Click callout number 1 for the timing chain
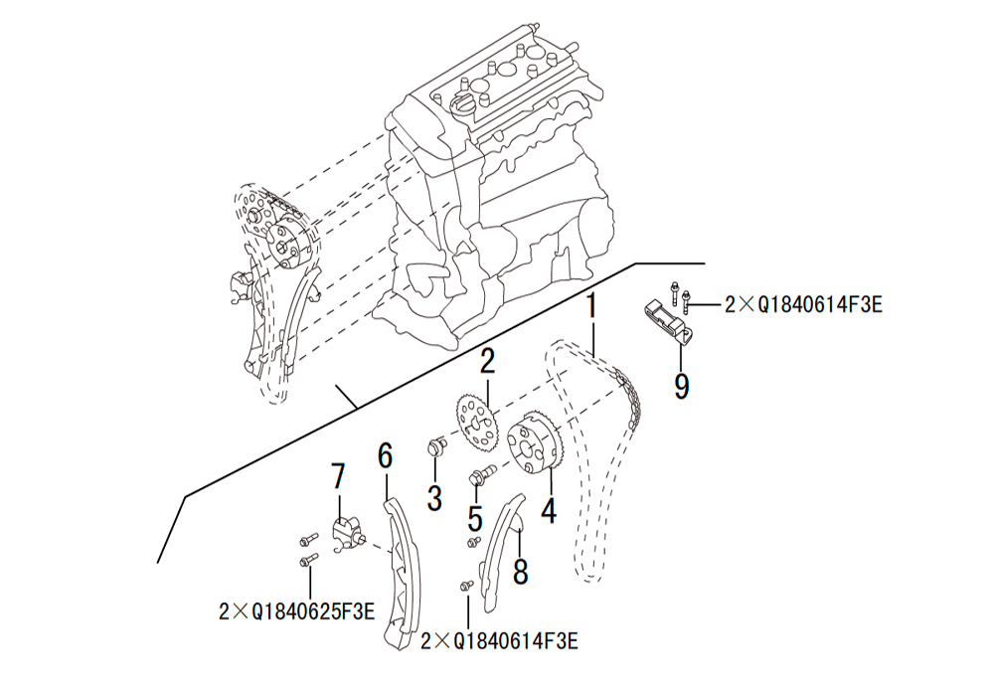tap(591, 307)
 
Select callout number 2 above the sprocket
tap(487, 361)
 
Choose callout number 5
tap(475, 517)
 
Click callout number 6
tap(385, 455)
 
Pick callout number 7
tap(338, 476)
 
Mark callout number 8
tap(520, 571)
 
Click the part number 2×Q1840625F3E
tap(296, 611)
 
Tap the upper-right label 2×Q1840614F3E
tap(803, 305)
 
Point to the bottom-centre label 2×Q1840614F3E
tap(500, 641)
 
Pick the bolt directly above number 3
tap(436, 445)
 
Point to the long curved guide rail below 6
tap(401, 573)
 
